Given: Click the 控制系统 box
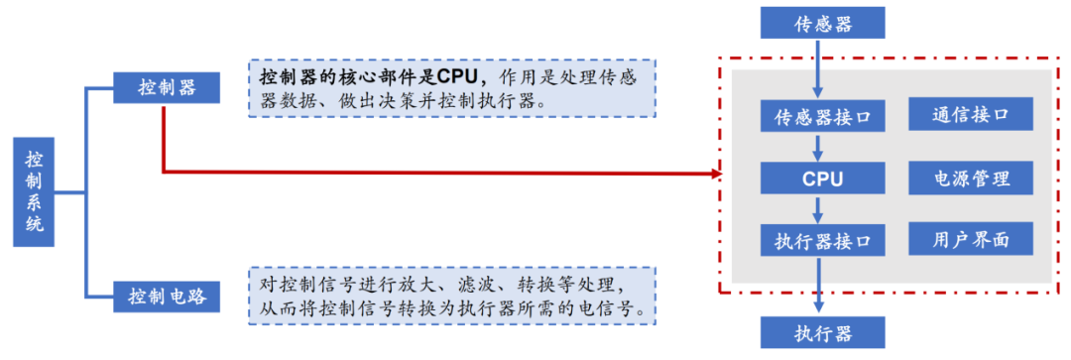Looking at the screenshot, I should [x=35, y=192].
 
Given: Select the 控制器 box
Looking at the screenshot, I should [x=167, y=87].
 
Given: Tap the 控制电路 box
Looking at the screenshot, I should [x=167, y=296].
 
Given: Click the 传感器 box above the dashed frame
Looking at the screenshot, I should [x=822, y=23].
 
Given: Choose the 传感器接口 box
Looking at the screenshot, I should [x=822, y=116].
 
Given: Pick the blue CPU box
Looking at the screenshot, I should [x=822, y=179].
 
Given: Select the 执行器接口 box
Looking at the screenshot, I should [x=822, y=240].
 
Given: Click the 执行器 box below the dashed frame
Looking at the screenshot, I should [x=822, y=332].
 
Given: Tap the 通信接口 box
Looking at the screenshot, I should [x=970, y=114].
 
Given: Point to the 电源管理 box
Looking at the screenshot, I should [x=970, y=179].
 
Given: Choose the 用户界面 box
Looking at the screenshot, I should [x=970, y=239].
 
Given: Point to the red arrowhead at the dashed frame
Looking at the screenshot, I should [x=714, y=174].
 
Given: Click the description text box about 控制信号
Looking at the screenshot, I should [x=452, y=296].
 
